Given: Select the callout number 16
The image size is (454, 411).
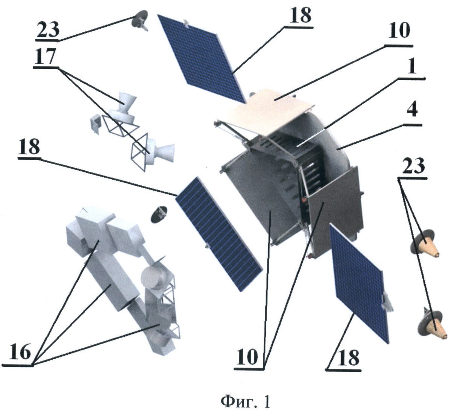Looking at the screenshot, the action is coord(20,353).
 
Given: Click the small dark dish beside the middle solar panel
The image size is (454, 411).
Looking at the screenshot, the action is coord(159,214).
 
